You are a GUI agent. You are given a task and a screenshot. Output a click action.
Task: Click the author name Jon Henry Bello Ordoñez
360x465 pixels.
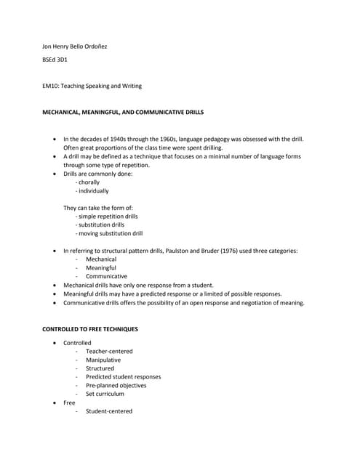pyautogui.click(x=75, y=46)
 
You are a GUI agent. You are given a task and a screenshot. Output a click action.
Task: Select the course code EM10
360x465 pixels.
pyautogui.click(x=50, y=86)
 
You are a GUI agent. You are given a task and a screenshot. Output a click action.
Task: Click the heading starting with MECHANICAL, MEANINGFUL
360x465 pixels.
pyautogui.click(x=123, y=113)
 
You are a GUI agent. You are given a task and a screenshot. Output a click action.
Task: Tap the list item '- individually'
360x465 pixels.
pyautogui.click(x=92, y=191)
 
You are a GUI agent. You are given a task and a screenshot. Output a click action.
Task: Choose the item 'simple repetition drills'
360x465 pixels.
pyautogui.click(x=108, y=217)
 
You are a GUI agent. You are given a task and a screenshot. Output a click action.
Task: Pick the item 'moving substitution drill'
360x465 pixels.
pyautogui.click(x=111, y=234)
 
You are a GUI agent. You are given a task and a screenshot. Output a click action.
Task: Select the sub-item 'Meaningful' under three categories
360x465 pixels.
pyautogui.click(x=100, y=268)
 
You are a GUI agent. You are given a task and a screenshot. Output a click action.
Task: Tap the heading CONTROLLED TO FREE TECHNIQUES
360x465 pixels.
pyautogui.click(x=90, y=329)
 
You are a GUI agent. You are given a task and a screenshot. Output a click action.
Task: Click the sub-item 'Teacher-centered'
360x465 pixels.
pyautogui.click(x=109, y=352)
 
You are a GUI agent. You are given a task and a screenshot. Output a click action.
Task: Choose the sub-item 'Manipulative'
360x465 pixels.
pyautogui.click(x=103, y=360)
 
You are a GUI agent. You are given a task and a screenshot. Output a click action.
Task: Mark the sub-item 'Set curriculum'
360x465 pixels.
pyautogui.click(x=105, y=395)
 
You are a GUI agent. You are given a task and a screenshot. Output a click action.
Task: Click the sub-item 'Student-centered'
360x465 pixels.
pyautogui.click(x=109, y=411)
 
